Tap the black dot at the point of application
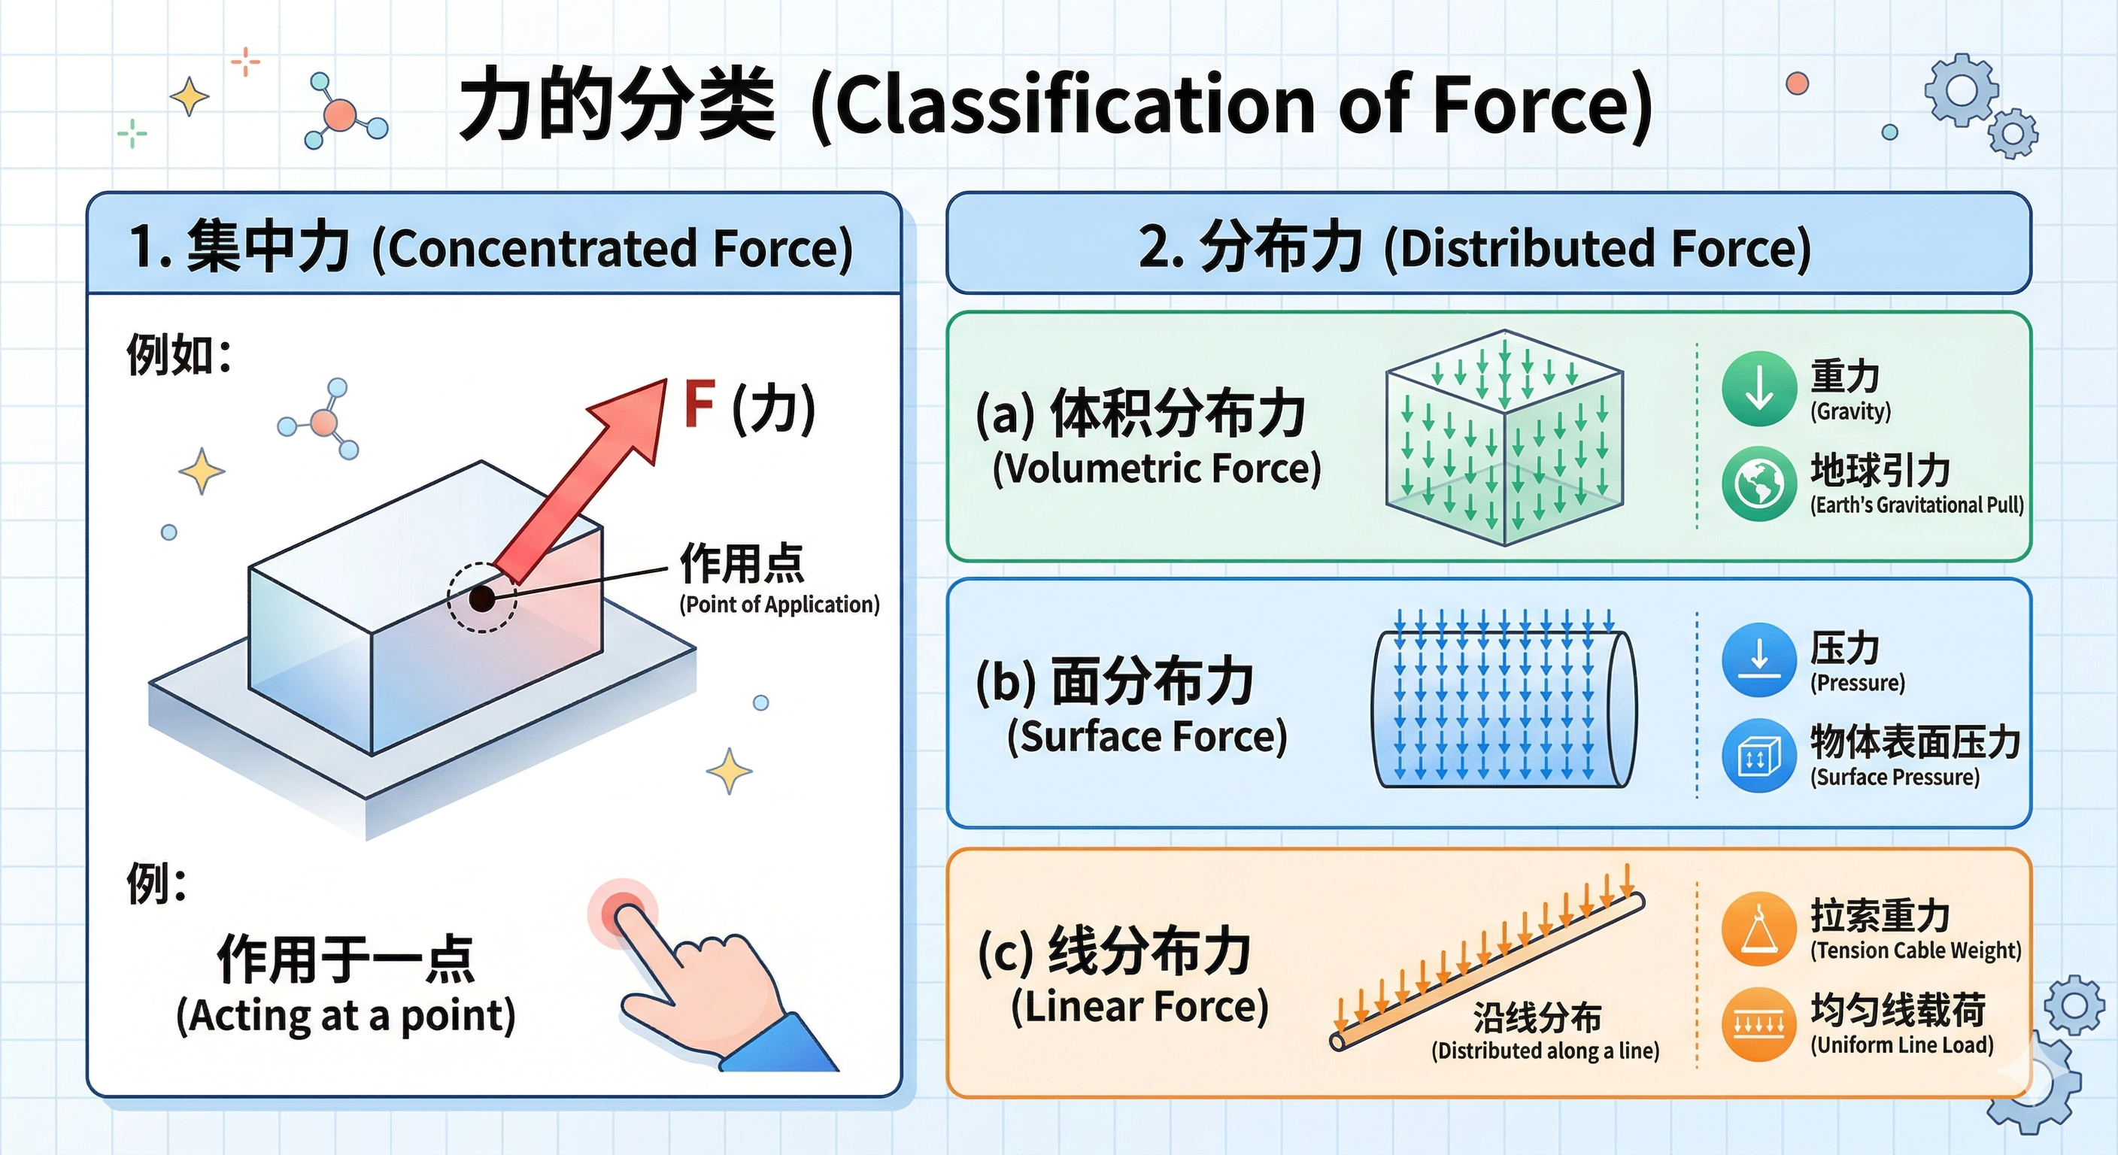pos(482,599)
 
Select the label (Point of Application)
pos(778,605)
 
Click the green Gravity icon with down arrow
pos(1758,389)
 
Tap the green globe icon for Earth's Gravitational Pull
pos(1758,484)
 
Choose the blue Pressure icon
pos(1758,660)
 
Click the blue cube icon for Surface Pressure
pos(1758,756)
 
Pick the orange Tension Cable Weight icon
pos(1758,929)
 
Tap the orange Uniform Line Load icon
pos(1758,1024)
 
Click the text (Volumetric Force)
pos(1156,468)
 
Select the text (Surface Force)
pos(1147,737)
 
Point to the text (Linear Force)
pos(1139,1006)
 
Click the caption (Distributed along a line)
pos(1545,1050)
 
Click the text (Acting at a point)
pos(345,1016)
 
